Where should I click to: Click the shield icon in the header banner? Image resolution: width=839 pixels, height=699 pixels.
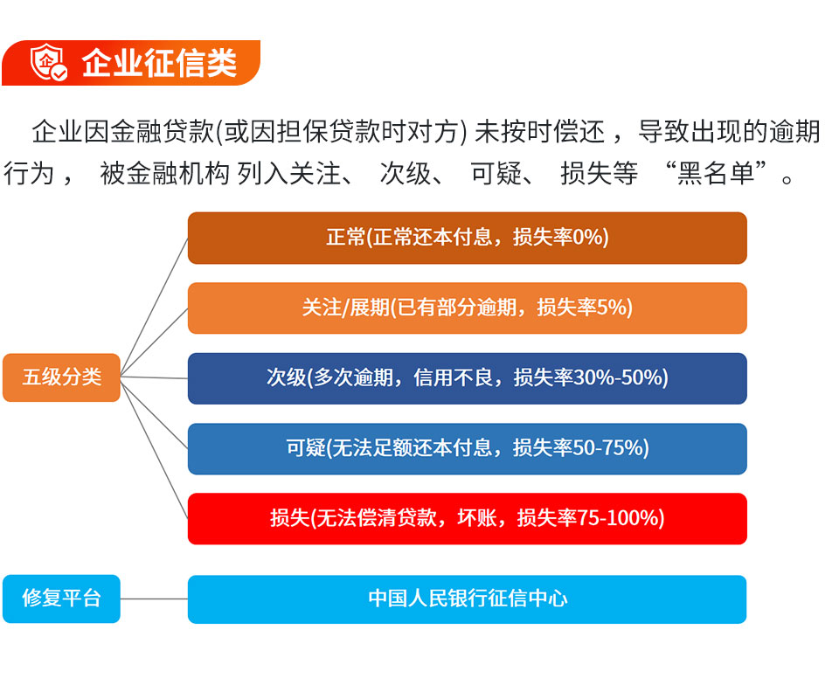(48, 62)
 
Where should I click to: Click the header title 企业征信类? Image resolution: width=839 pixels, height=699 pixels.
(159, 63)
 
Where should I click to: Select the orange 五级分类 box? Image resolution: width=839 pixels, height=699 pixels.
(61, 377)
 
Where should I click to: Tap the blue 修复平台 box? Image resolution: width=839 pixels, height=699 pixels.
(61, 599)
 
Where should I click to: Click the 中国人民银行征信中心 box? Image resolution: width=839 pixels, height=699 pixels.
(467, 599)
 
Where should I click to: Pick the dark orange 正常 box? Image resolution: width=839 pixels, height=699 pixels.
(467, 238)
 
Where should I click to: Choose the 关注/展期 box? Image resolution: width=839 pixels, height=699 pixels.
(467, 308)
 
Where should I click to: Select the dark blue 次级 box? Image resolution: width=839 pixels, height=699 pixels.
(467, 378)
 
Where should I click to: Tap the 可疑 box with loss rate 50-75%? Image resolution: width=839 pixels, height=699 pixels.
(467, 449)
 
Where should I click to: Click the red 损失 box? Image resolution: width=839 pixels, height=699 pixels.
(467, 519)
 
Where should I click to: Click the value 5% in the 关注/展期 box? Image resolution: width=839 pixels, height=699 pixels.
(611, 308)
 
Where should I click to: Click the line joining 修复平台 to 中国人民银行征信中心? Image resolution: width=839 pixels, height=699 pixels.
(154, 599)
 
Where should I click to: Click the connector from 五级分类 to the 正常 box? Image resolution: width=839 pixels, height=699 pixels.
(154, 307)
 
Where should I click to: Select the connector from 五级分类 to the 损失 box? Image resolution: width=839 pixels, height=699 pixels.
(154, 448)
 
